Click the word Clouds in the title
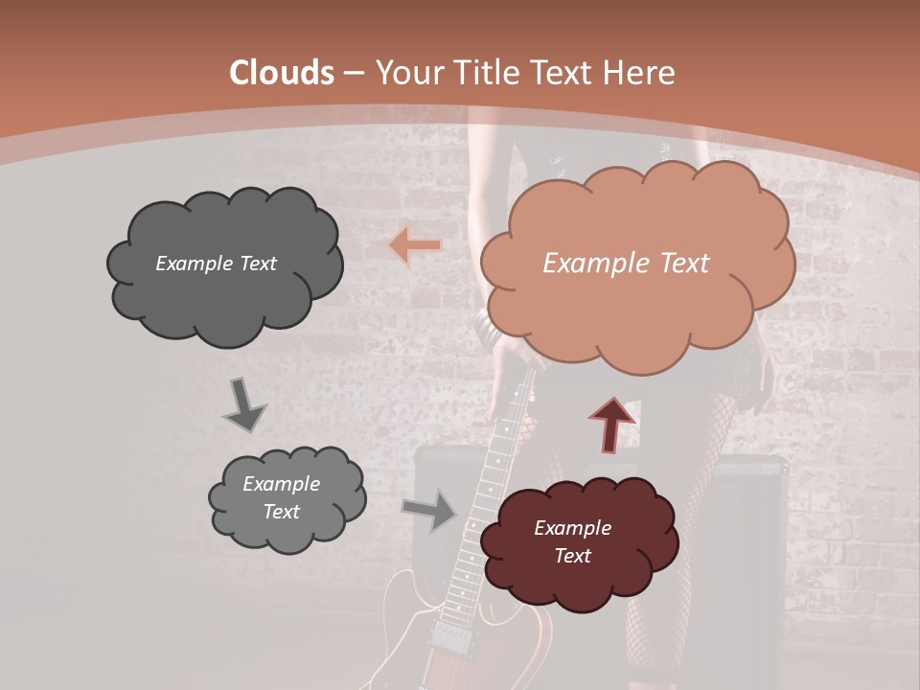click(282, 73)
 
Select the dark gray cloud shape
click(224, 287)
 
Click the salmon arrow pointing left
click(415, 245)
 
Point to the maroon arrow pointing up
click(611, 424)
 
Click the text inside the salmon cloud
click(626, 264)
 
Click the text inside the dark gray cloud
click(216, 264)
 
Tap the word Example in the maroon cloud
click(572, 528)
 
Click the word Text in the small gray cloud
click(281, 512)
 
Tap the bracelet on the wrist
click(487, 331)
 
